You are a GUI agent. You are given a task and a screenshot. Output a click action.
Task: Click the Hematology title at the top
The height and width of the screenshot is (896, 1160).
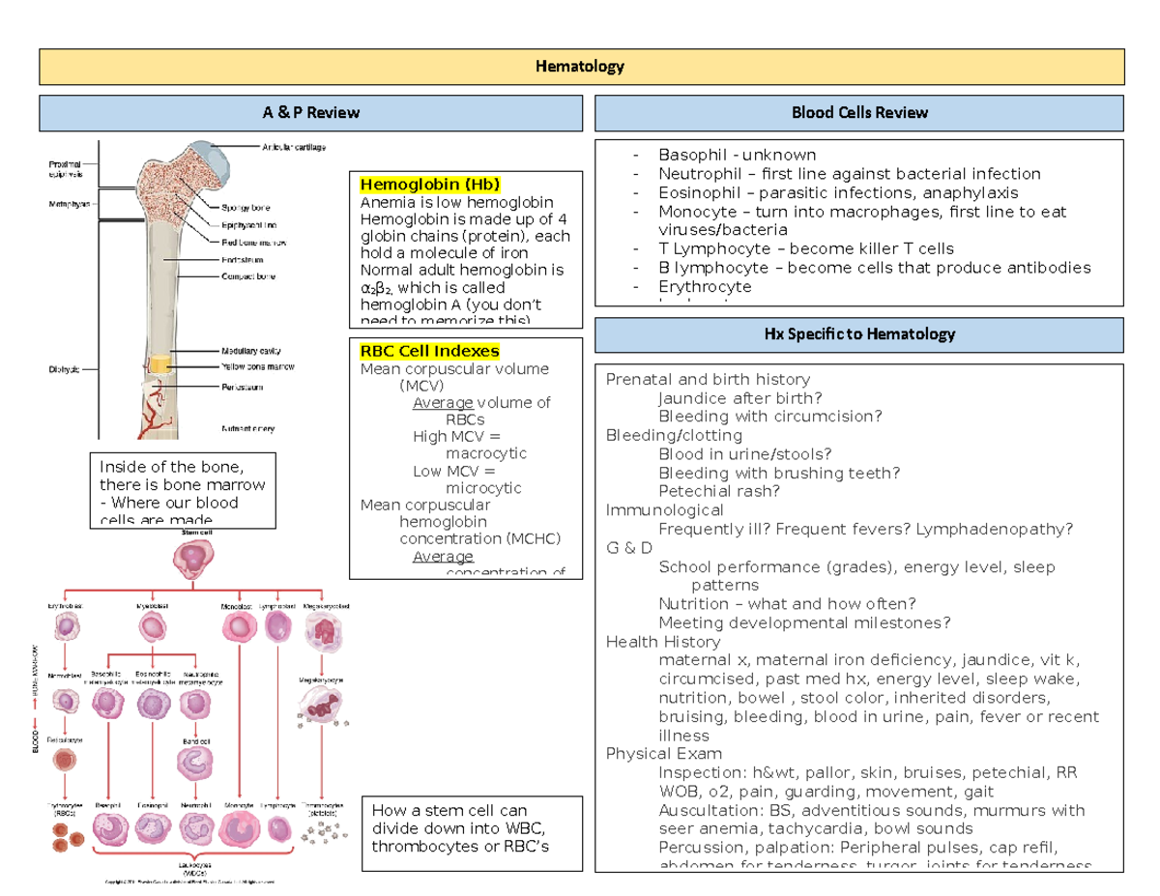[581, 67]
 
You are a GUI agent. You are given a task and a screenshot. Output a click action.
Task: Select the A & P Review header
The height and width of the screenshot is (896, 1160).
[310, 113]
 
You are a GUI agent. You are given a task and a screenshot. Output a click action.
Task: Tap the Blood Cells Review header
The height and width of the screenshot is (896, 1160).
[859, 113]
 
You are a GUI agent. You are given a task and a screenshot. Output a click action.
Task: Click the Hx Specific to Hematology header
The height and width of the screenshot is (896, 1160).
[859, 334]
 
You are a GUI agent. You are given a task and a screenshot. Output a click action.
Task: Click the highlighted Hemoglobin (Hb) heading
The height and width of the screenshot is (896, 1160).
[430, 185]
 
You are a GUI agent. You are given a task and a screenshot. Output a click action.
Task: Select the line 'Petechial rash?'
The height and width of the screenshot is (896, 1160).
[718, 491]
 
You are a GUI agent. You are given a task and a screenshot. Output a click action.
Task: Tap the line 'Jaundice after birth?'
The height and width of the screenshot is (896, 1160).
[739, 397]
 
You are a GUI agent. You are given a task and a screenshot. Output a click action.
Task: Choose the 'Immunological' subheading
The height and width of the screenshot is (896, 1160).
[664, 510]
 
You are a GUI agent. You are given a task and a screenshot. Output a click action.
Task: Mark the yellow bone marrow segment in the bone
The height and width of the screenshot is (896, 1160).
[159, 363]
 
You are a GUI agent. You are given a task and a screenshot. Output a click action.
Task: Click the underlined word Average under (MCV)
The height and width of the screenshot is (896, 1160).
[443, 403]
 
